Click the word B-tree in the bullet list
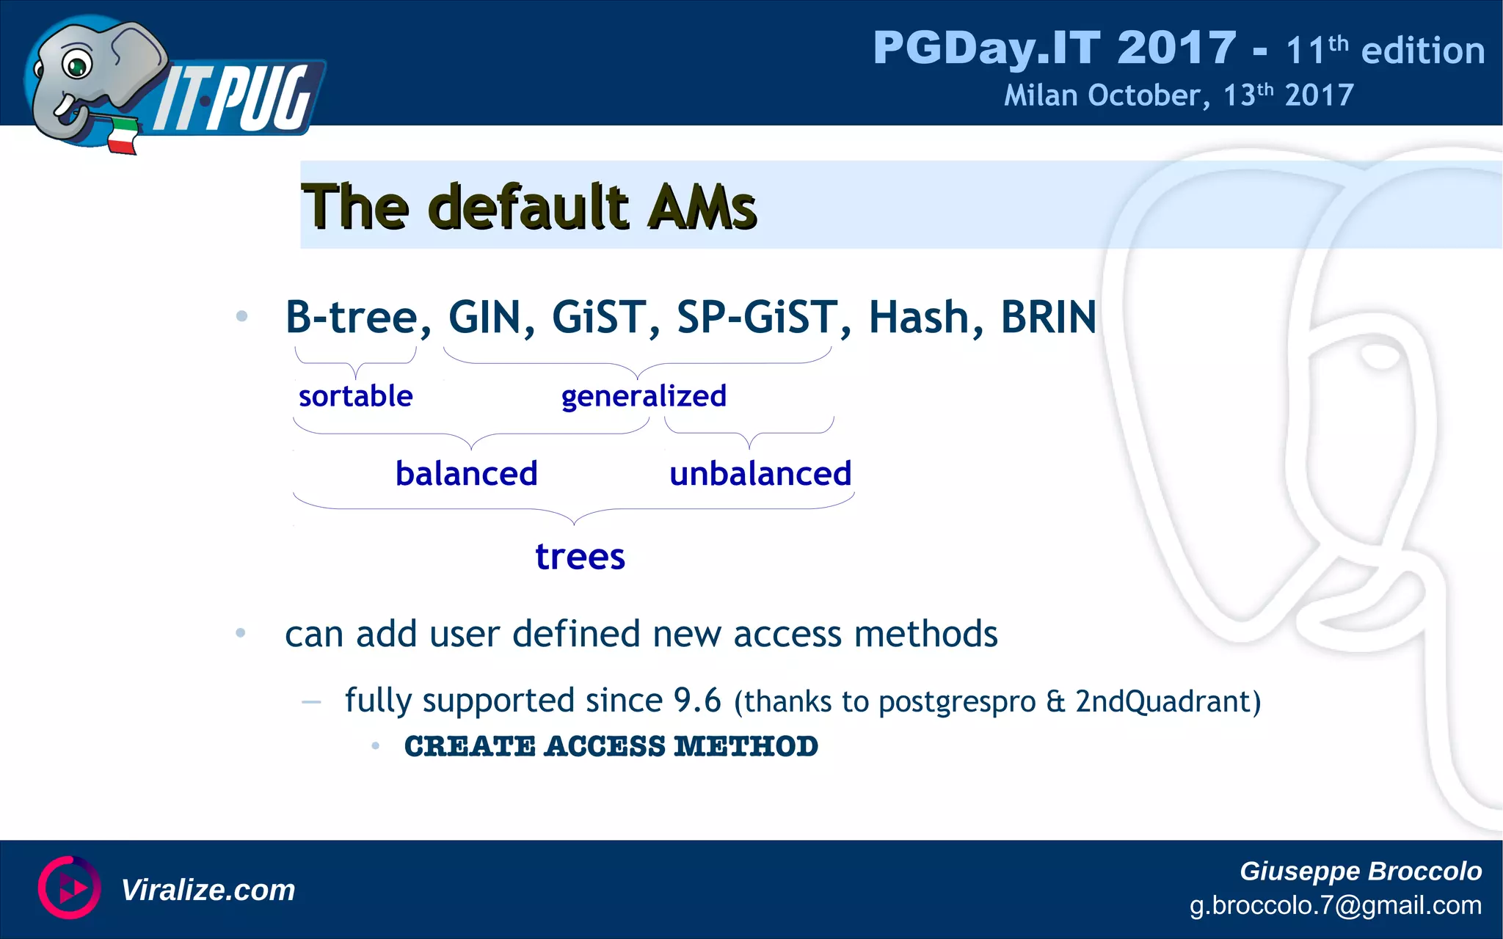tap(352, 317)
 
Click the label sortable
tap(355, 396)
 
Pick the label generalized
tap(644, 396)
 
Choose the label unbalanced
tap(760, 474)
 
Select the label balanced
tap(466, 474)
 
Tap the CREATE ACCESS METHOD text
tap(611, 747)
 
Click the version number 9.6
tap(697, 701)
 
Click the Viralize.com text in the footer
tap(208, 890)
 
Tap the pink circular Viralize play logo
tap(70, 888)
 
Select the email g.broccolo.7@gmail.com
tap(1335, 905)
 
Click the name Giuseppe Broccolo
tap(1360, 871)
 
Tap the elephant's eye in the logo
tap(76, 65)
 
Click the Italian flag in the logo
tap(123, 136)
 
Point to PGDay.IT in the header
tap(986, 48)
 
